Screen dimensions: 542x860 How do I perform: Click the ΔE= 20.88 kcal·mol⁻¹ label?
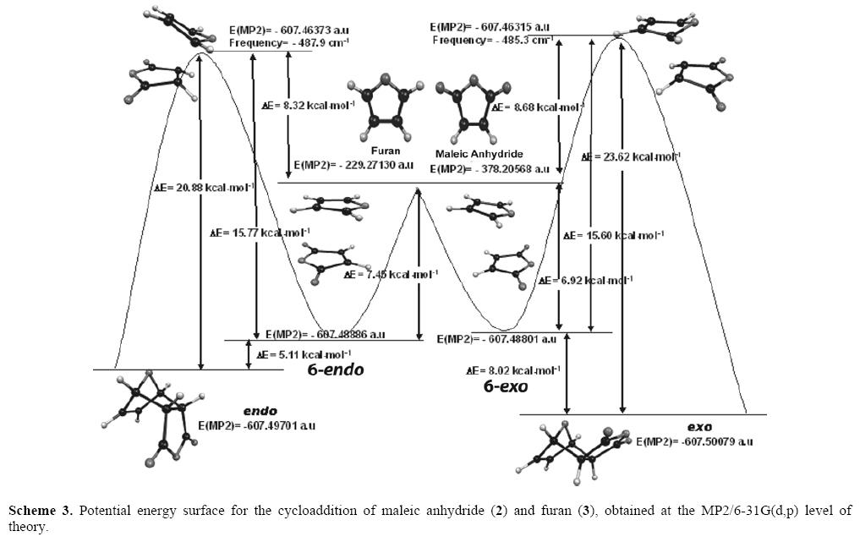(x=194, y=189)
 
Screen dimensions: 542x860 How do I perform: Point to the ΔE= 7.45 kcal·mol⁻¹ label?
(x=391, y=274)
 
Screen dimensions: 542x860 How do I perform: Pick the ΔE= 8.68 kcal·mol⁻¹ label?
(x=537, y=107)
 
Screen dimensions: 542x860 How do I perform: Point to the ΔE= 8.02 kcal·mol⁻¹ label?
(x=513, y=370)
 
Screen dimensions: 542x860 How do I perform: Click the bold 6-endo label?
(x=335, y=370)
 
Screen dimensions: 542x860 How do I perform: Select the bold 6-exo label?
(x=505, y=386)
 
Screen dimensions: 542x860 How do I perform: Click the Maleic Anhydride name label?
(x=479, y=155)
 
